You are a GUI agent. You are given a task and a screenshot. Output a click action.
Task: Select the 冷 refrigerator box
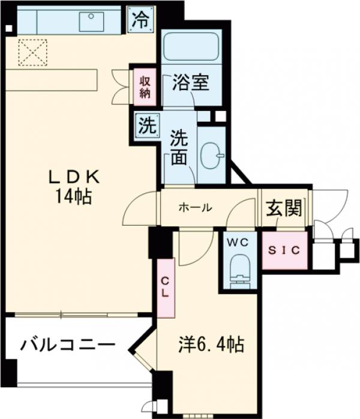tap(140, 19)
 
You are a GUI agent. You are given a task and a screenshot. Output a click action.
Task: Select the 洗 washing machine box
tap(146, 126)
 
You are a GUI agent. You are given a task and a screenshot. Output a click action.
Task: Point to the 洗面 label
tap(179, 147)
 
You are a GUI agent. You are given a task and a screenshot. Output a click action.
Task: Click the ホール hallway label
tap(195, 208)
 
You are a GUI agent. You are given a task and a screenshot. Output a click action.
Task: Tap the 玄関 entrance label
tap(283, 208)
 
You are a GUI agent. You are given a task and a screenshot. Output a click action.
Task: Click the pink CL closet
tap(165, 288)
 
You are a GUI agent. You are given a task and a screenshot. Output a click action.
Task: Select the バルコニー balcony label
tap(68, 345)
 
